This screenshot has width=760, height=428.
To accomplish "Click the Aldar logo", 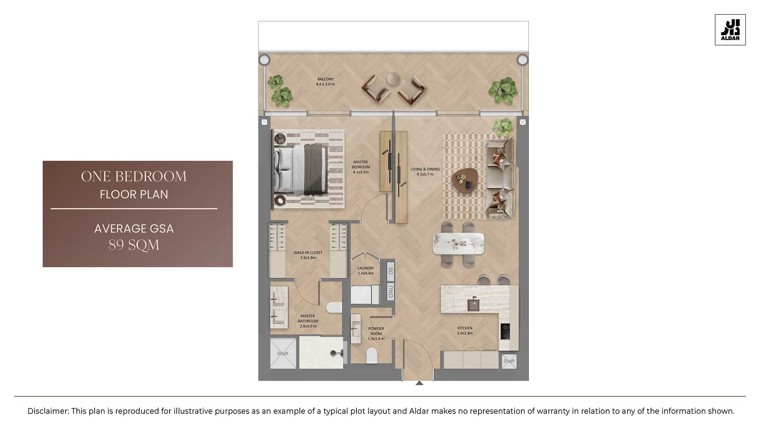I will click(x=730, y=30).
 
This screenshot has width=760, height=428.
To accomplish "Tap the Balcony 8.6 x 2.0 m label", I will click(x=325, y=82).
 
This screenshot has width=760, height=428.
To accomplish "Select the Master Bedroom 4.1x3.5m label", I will click(x=361, y=167).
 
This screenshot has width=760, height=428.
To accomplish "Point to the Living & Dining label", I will click(x=425, y=172).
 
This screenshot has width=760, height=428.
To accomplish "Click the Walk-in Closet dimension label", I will click(x=308, y=255).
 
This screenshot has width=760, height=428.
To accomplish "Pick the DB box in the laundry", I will click(x=391, y=271).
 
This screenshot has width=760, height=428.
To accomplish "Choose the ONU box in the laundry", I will click(x=391, y=291).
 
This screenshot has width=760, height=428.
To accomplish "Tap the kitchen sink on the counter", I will click(x=473, y=304).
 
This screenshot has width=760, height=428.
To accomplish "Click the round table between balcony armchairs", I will click(x=394, y=79).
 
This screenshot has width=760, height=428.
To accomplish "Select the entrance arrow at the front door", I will click(x=419, y=383).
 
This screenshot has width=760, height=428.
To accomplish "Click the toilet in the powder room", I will click(x=372, y=356).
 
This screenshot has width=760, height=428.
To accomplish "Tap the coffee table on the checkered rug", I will click(x=467, y=181).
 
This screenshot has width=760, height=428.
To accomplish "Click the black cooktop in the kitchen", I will click(x=505, y=331).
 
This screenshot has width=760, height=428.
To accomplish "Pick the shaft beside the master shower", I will click(x=283, y=353).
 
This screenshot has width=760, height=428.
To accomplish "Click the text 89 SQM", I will click(x=134, y=245).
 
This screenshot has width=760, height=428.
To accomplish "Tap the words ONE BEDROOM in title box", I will click(x=134, y=177).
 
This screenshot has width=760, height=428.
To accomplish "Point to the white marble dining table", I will click(x=458, y=243).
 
